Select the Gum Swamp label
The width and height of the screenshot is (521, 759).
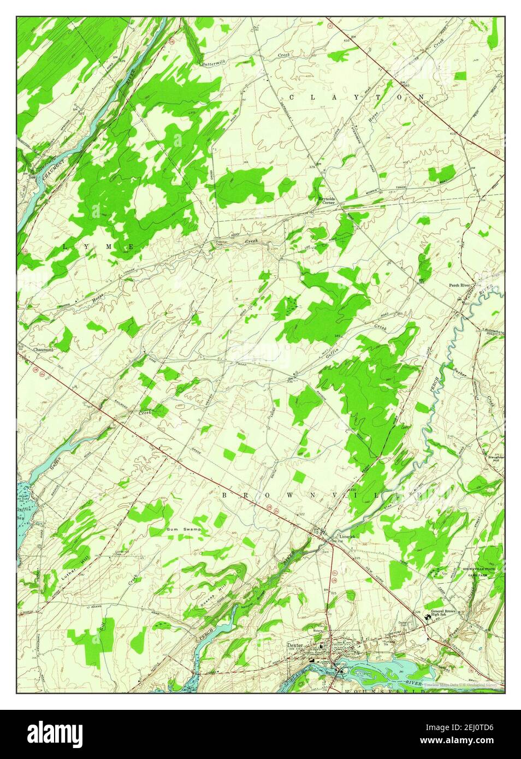click(184, 530)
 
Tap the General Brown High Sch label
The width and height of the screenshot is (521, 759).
click(443, 613)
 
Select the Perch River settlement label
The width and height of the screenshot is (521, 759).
click(459, 285)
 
